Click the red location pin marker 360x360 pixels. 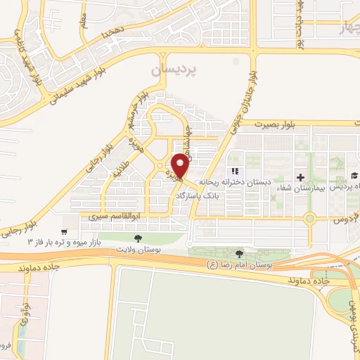click(x=181, y=165)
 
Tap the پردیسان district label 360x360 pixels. click(x=176, y=71)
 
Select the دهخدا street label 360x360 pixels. click(x=112, y=32)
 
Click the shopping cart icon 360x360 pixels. click(x=65, y=231)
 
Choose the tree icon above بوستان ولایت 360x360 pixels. click(x=137, y=238)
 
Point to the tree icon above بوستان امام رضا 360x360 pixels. click(x=241, y=253)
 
